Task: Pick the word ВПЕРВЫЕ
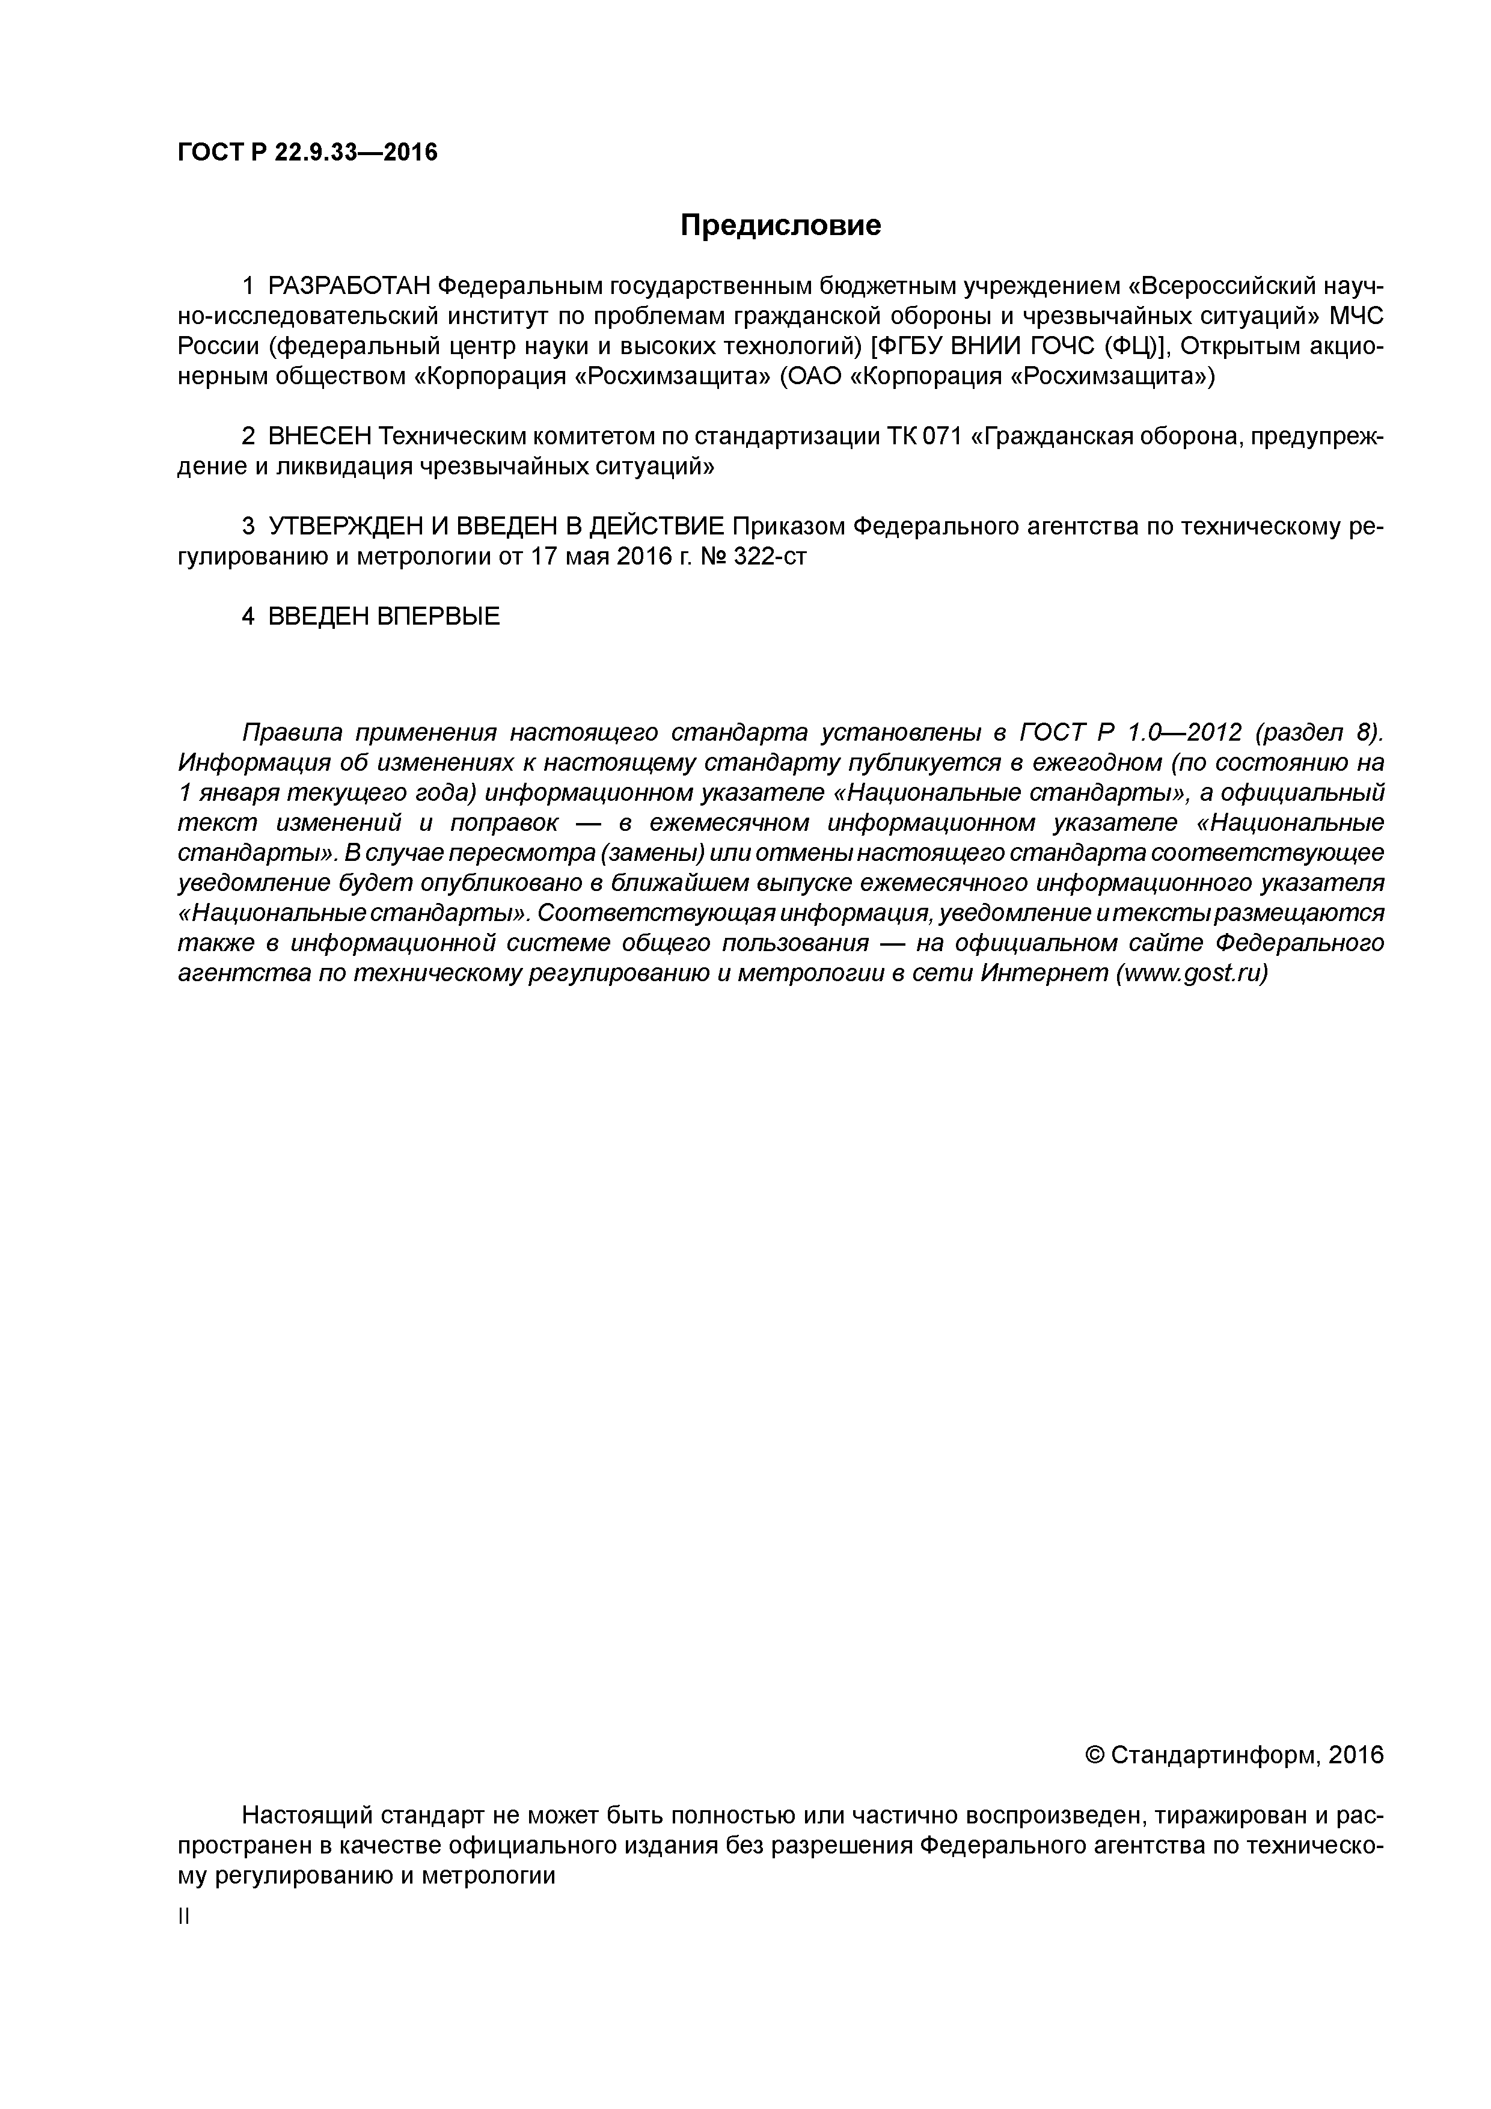[438, 616]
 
